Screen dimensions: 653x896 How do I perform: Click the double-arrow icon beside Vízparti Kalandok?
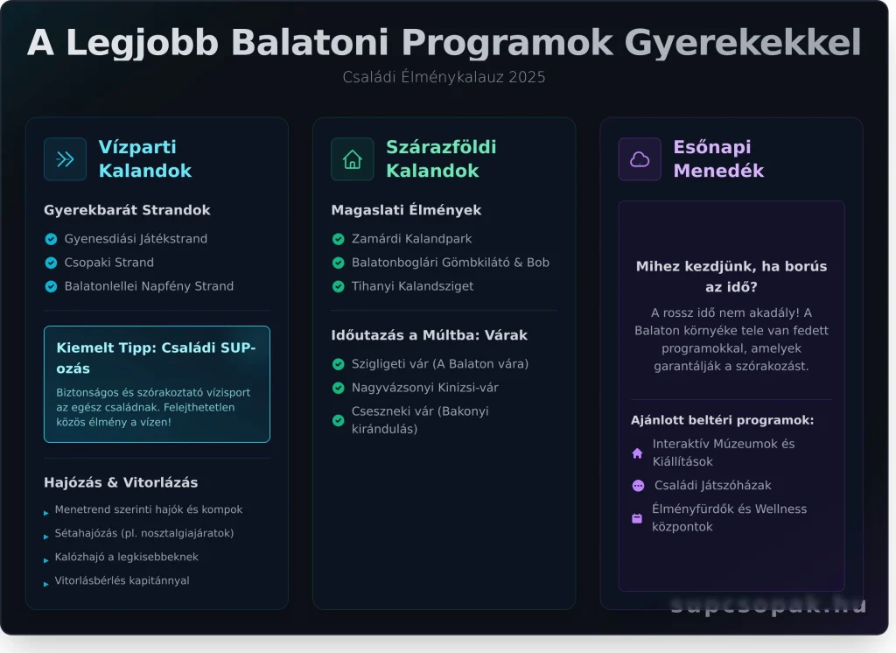click(x=65, y=158)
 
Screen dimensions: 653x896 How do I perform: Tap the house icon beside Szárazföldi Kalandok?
click(x=352, y=158)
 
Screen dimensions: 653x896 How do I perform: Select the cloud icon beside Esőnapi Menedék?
click(x=640, y=158)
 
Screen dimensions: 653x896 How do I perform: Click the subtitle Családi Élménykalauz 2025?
click(x=444, y=77)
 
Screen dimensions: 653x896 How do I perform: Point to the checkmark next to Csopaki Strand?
click(x=51, y=263)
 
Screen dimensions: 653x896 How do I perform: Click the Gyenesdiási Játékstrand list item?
click(x=136, y=239)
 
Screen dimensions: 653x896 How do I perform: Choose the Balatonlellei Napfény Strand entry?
click(x=149, y=286)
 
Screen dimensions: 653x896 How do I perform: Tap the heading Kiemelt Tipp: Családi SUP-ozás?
click(x=156, y=357)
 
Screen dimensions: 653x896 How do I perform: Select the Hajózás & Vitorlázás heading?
click(x=121, y=482)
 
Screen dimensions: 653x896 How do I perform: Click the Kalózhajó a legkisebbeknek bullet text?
click(x=126, y=557)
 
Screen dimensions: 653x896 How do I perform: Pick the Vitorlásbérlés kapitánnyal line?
click(x=122, y=580)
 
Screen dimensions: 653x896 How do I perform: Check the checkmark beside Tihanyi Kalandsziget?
click(x=338, y=286)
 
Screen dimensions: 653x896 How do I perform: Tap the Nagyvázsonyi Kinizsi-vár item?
click(x=424, y=388)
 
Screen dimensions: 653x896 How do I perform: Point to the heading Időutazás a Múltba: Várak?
click(x=429, y=335)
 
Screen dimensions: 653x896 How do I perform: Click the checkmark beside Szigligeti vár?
click(x=338, y=364)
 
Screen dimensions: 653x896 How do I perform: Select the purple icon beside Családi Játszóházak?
click(x=637, y=486)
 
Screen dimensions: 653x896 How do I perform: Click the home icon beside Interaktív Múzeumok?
click(x=637, y=453)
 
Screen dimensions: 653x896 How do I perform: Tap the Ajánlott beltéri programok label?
click(x=722, y=420)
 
